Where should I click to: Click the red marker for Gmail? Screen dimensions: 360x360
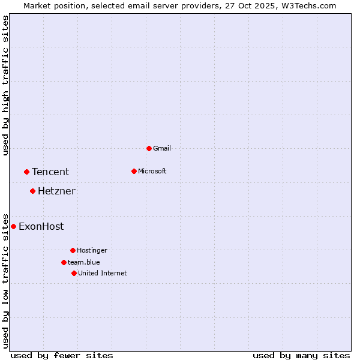tap(149, 148)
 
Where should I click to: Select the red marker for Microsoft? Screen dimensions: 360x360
tap(134, 171)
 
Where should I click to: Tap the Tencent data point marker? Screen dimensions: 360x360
tap(26, 172)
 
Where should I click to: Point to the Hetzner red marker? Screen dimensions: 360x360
tap(32, 191)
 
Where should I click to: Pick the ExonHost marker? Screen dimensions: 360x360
tap(13, 226)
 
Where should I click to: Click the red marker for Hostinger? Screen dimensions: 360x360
tap(73, 250)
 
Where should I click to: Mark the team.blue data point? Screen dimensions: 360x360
tap(64, 262)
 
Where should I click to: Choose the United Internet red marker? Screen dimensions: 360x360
tap(74, 273)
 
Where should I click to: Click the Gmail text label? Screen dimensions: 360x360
tap(162, 148)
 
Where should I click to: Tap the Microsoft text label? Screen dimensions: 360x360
tap(152, 171)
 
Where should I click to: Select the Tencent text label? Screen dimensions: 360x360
tap(50, 172)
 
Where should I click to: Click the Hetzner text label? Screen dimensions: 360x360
tap(56, 191)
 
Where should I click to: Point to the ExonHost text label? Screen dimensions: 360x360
tap(41, 227)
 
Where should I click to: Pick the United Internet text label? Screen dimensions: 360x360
tap(103, 273)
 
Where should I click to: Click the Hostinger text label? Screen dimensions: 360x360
tap(92, 250)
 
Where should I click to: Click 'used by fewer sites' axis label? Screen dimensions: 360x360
tap(62, 355)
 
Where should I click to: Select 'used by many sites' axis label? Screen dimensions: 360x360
tap(301, 355)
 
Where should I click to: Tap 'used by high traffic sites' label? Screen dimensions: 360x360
tap(6, 85)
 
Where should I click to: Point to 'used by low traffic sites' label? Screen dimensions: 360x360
tap(6, 281)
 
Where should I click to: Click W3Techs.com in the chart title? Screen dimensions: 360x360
tap(310, 5)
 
